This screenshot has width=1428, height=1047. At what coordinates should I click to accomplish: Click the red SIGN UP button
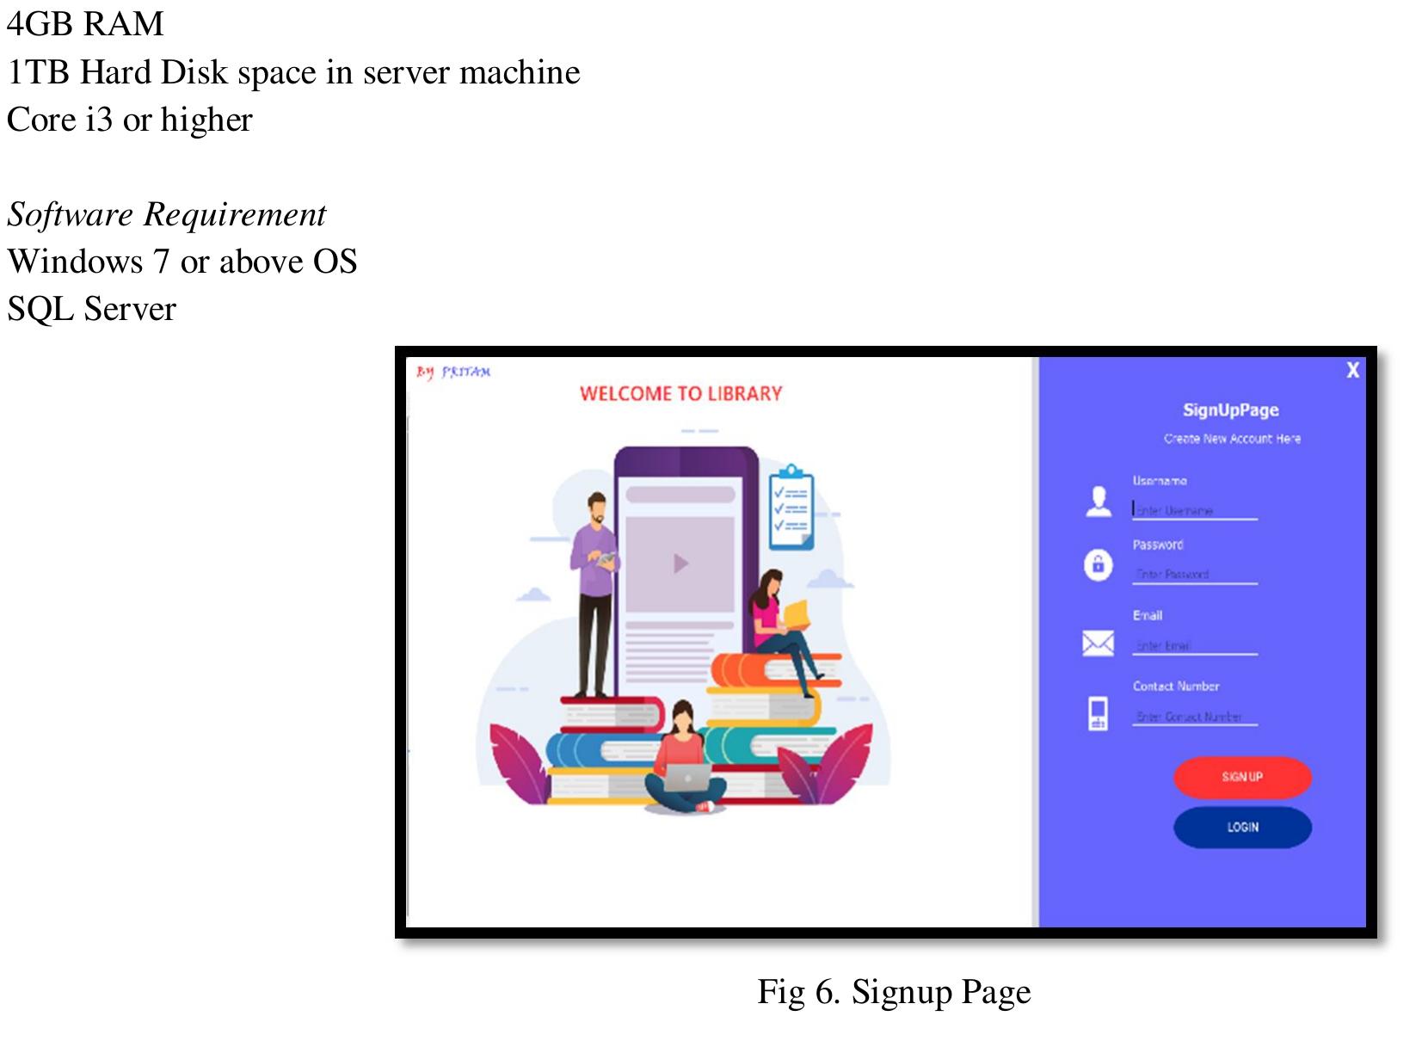pos(1241,777)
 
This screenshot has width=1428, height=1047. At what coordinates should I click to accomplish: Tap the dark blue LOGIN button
pos(1241,827)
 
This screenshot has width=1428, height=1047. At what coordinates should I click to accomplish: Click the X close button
pos(1352,370)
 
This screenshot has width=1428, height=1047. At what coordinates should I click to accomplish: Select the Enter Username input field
pos(1194,510)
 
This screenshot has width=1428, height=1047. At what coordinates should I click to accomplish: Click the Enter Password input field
pos(1194,574)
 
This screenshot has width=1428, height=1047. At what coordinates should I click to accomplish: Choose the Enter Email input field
pos(1194,645)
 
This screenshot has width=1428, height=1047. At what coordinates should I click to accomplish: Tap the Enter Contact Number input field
pos(1194,717)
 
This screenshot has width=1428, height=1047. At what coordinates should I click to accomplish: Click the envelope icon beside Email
pos(1098,643)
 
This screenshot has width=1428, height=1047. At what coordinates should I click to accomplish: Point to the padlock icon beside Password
pos(1098,565)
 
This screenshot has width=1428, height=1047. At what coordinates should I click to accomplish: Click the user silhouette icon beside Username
pos(1098,501)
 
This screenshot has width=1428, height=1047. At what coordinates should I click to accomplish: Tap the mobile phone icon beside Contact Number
pos(1098,713)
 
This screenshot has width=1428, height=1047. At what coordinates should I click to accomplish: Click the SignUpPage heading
pos(1230,410)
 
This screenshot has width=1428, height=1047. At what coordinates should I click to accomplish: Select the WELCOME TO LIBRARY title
pos(680,394)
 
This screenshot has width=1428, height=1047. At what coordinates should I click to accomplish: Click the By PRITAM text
pos(453,372)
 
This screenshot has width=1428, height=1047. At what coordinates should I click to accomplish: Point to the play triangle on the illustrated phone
pos(680,564)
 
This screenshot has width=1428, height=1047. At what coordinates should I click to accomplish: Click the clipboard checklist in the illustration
pos(791,508)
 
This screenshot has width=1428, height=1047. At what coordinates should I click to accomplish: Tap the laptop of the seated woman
pos(687,779)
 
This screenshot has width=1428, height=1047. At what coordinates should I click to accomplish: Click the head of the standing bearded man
pos(596,506)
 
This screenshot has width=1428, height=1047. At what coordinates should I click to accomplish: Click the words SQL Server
pos(91,309)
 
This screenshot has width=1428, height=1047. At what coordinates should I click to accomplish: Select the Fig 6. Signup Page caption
pos(893,992)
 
